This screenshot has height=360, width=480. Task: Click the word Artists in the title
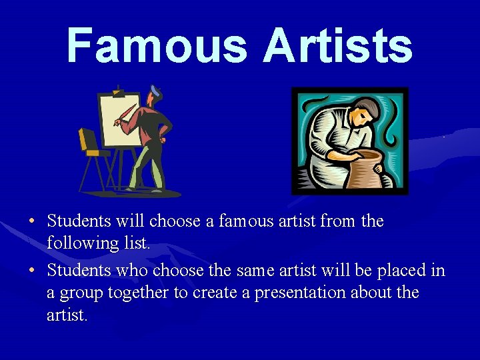point(337,45)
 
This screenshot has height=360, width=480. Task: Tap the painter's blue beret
point(155,90)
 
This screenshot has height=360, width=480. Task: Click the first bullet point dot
point(32,221)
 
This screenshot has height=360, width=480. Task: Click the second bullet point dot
point(32,271)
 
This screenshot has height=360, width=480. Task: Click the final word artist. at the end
point(67,315)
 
